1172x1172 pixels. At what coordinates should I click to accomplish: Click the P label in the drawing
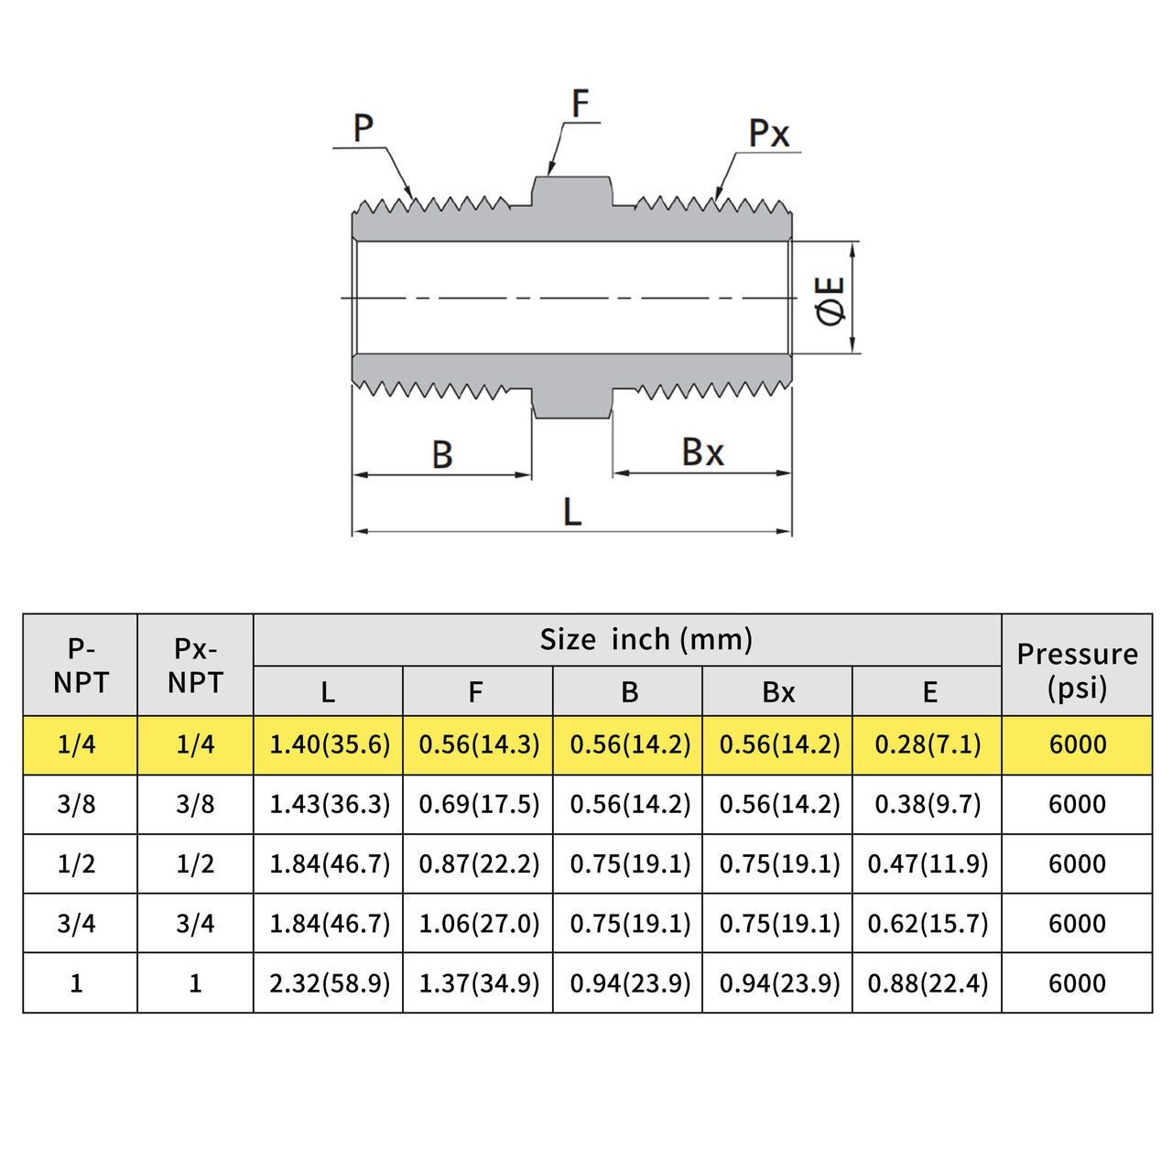click(x=364, y=129)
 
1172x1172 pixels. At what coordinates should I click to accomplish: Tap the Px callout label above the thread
click(x=768, y=134)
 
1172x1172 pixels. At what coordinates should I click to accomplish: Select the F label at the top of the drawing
click(x=580, y=103)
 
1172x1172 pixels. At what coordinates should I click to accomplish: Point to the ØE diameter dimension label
click(x=831, y=299)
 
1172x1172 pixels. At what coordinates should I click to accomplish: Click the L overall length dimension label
click(x=572, y=512)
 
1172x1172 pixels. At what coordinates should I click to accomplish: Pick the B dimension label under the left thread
click(x=442, y=454)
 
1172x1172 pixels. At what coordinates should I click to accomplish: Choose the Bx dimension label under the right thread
click(x=702, y=452)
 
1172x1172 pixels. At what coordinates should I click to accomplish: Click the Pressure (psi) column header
click(x=1077, y=671)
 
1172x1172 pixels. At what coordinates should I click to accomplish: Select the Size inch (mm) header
click(x=646, y=639)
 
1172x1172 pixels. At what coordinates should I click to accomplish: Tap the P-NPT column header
click(x=81, y=666)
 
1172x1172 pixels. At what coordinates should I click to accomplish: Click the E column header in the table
click(x=929, y=692)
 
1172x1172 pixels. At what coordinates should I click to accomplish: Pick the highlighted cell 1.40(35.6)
click(x=330, y=744)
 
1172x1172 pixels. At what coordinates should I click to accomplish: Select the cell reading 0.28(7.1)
click(x=928, y=744)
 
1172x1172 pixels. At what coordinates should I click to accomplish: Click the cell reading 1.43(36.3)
click(x=330, y=804)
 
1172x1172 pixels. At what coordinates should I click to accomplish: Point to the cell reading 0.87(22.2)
click(x=479, y=863)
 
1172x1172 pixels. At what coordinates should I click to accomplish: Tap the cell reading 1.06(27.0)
click(x=479, y=923)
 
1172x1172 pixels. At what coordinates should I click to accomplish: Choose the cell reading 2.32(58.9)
click(x=330, y=982)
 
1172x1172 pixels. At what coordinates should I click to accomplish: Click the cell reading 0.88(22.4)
click(x=928, y=982)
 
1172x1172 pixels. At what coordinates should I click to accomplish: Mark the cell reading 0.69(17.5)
click(x=479, y=804)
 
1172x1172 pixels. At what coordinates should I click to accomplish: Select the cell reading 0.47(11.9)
click(x=928, y=863)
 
